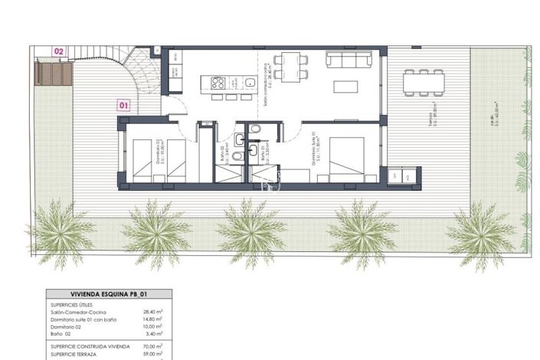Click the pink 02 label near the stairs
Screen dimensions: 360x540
[59, 51]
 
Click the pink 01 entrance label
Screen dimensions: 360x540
[124, 106]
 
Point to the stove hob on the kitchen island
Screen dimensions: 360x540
[218, 83]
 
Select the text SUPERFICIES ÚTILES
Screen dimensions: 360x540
[72, 304]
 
